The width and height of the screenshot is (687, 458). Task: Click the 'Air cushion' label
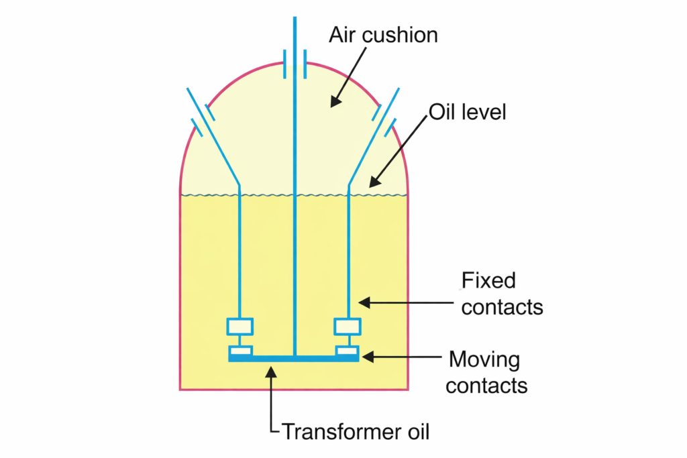pos(383,34)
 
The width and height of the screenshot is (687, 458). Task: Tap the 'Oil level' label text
pos(467,111)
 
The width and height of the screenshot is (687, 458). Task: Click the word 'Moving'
pos(484,359)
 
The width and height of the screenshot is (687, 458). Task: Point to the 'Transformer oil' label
pos(355,431)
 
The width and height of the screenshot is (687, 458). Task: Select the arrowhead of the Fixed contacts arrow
pos(363,304)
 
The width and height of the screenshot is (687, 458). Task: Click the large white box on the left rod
pos(240,327)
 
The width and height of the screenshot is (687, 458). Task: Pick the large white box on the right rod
pos(348,327)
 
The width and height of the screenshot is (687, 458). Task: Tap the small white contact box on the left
pos(241,350)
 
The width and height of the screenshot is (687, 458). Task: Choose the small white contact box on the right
pos(348,350)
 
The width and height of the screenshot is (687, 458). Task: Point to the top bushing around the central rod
pos(295,64)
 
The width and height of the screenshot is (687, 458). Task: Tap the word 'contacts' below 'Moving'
pos(486,386)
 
